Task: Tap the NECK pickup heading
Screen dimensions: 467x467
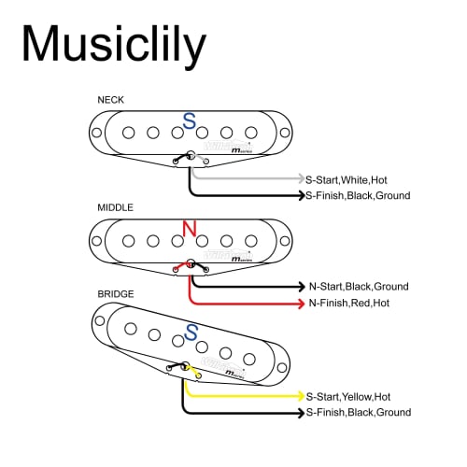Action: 110,99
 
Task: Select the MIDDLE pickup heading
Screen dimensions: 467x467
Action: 115,206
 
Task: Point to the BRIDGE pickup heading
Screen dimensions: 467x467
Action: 116,293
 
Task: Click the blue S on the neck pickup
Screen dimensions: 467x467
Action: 190,121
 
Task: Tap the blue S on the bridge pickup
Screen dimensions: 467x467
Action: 192,333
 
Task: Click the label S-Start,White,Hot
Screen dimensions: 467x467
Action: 350,178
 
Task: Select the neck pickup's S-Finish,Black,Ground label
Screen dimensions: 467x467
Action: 357,195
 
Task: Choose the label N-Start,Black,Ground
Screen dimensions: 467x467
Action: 359,287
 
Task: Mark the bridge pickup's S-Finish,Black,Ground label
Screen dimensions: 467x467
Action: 357,412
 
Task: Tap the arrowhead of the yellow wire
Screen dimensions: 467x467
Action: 299,396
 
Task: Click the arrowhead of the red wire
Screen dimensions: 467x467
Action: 299,304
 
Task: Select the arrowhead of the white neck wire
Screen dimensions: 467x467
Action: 299,178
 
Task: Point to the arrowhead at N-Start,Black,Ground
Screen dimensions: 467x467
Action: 299,287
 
